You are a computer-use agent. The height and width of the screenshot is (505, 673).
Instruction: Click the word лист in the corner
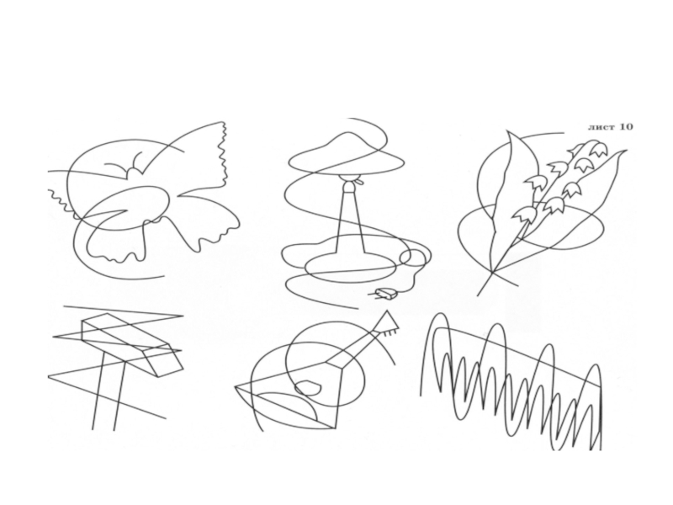pos(601,127)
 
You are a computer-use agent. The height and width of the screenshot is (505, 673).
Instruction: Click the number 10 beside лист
pos(626,127)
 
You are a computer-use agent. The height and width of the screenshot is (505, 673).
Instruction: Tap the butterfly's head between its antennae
pos(133,172)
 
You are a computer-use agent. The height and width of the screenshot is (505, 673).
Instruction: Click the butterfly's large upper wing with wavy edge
pos(193,155)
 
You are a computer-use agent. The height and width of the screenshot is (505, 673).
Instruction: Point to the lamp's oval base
pos(350,267)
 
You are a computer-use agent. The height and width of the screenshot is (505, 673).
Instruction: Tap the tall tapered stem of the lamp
pos(350,220)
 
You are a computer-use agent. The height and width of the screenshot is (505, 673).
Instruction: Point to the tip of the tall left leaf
pos(509,131)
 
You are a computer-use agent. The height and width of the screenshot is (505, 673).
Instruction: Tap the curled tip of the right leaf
pos(623,152)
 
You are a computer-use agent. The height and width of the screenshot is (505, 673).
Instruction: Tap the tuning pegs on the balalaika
pos(390,332)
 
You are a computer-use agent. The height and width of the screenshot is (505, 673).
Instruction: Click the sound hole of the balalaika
pos(309,388)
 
